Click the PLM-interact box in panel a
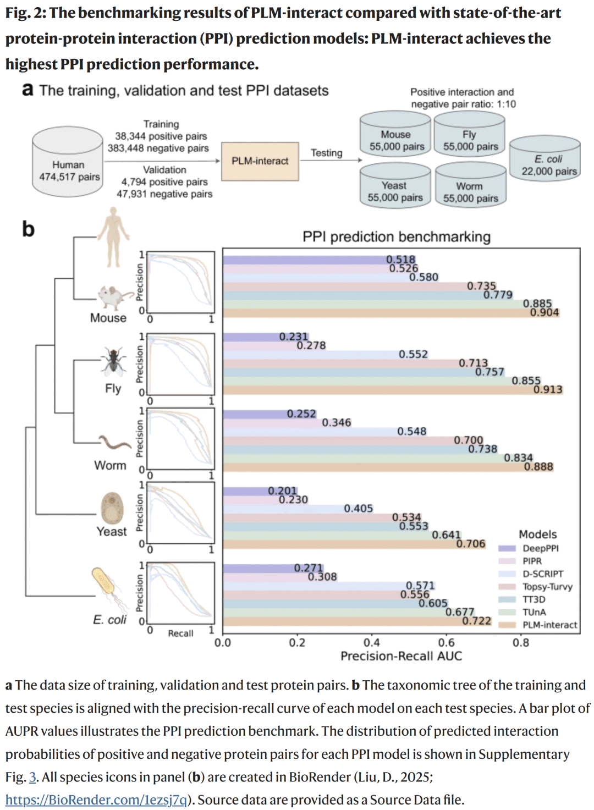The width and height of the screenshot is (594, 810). point(260,161)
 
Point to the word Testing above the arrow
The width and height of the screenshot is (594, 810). point(326,153)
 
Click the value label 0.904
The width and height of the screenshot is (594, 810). point(544,312)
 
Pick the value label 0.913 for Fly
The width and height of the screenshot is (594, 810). point(548,389)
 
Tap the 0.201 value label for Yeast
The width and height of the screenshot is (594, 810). point(282,491)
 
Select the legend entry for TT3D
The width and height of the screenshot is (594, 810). point(533,599)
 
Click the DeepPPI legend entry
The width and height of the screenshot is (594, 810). point(540,548)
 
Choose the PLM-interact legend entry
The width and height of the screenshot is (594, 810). point(549,625)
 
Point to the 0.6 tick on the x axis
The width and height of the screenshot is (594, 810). point(446,642)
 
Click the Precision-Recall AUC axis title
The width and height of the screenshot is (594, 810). point(401,655)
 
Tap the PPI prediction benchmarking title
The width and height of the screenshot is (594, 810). point(396,236)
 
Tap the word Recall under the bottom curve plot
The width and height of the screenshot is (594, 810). point(180,633)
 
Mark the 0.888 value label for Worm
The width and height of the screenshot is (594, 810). point(538,466)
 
